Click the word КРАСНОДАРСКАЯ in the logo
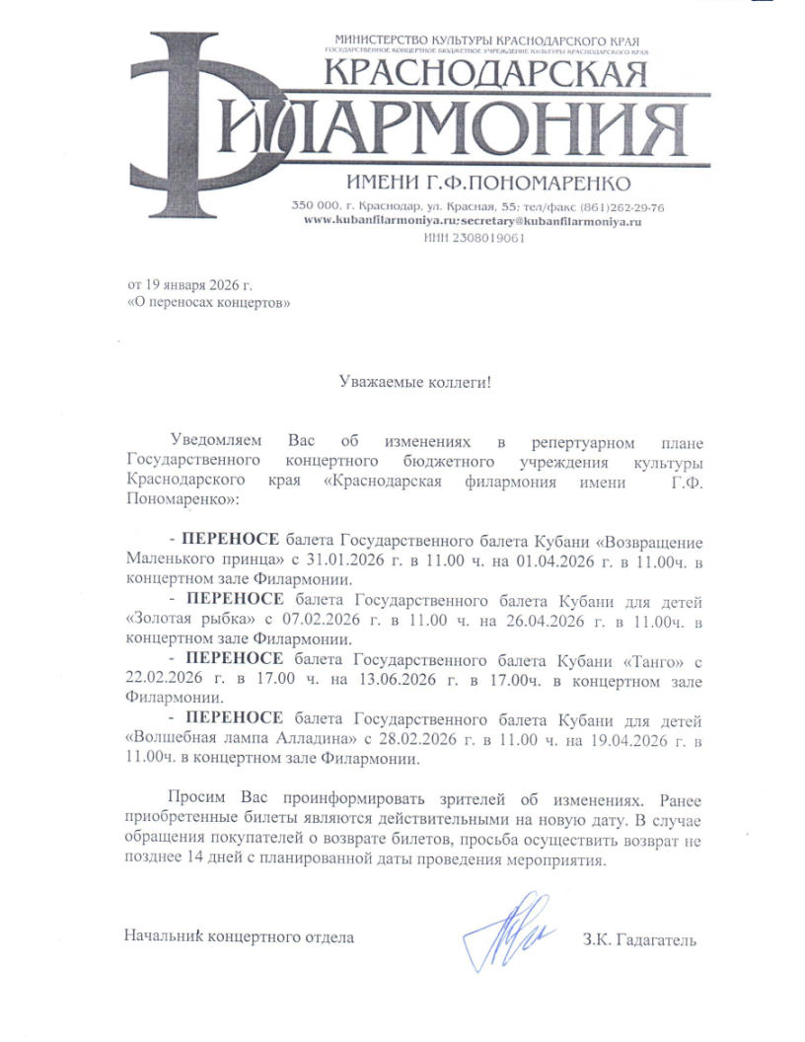[485, 74]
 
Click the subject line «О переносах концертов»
[209, 303]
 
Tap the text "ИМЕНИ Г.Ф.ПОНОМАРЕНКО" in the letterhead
[488, 184]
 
